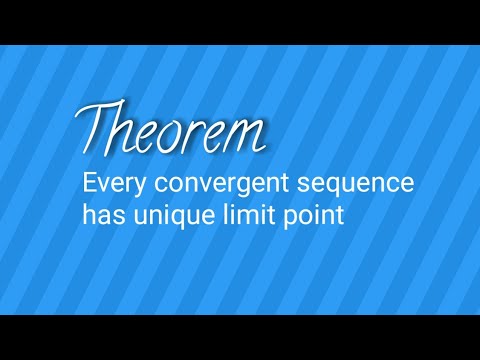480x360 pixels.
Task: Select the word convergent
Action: pos(213,186)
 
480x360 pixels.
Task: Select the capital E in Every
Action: pos(90,185)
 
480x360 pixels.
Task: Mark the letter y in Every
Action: pos(133,189)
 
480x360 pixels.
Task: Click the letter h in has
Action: pos(89,213)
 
